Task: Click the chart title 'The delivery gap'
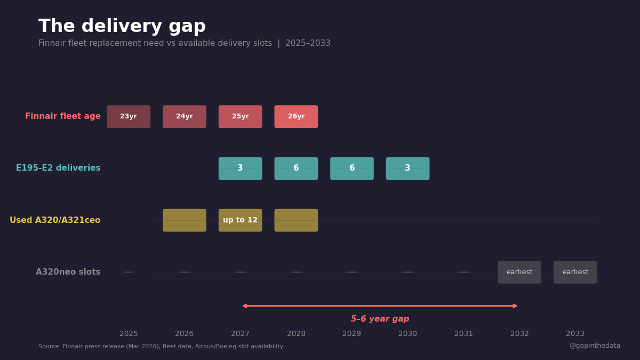[122, 26]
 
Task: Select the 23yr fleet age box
[129, 116]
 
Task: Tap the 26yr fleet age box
[296, 116]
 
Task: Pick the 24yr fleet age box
[185, 116]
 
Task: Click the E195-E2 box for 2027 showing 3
[240, 168]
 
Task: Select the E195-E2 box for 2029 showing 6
[352, 168]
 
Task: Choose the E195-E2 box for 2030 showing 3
[407, 168]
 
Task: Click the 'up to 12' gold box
[240, 220]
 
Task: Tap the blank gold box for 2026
[185, 220]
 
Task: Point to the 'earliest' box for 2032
[519, 272]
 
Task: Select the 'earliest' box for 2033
[575, 272]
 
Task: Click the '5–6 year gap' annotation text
[380, 319]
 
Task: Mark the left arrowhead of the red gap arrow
[245, 306]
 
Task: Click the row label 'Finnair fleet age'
[63, 116]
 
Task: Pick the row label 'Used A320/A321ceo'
[55, 220]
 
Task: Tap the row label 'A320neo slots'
[68, 272]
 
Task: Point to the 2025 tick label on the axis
[129, 334]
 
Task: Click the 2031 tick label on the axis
[463, 334]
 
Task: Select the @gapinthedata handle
[595, 346]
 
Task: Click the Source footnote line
[161, 347]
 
